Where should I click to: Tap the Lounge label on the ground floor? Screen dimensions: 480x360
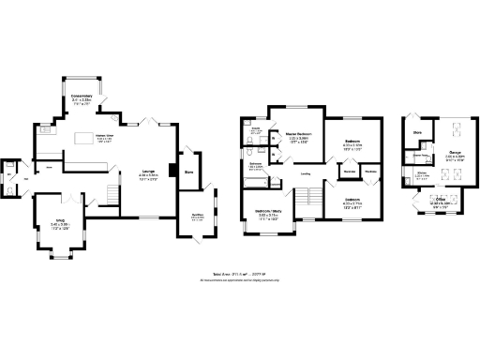point(148,171)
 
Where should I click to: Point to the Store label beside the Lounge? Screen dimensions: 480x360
point(188,172)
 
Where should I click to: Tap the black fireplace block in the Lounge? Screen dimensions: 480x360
point(172,171)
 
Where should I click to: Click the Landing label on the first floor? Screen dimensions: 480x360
point(305,173)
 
